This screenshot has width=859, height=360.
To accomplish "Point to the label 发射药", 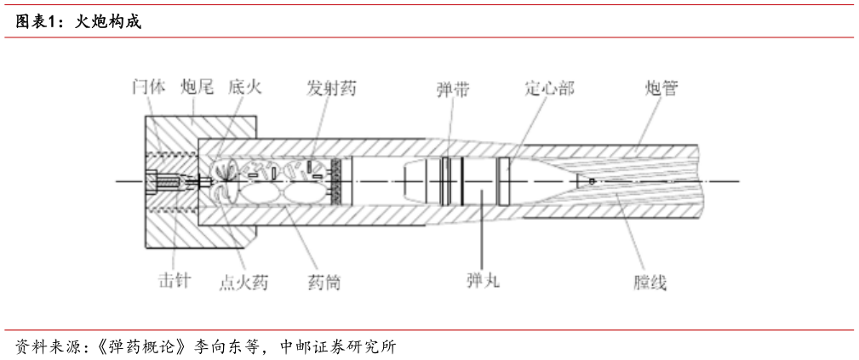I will coord(331,87).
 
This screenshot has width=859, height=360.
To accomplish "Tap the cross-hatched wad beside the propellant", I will coord(338,181).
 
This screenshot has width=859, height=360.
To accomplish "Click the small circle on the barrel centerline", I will coord(592,180).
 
